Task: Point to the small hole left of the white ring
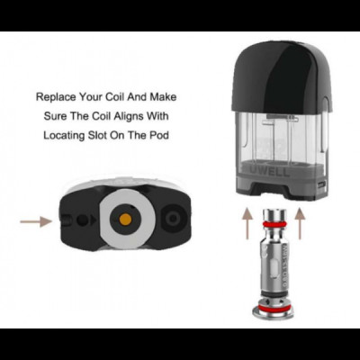tap(85, 220)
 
